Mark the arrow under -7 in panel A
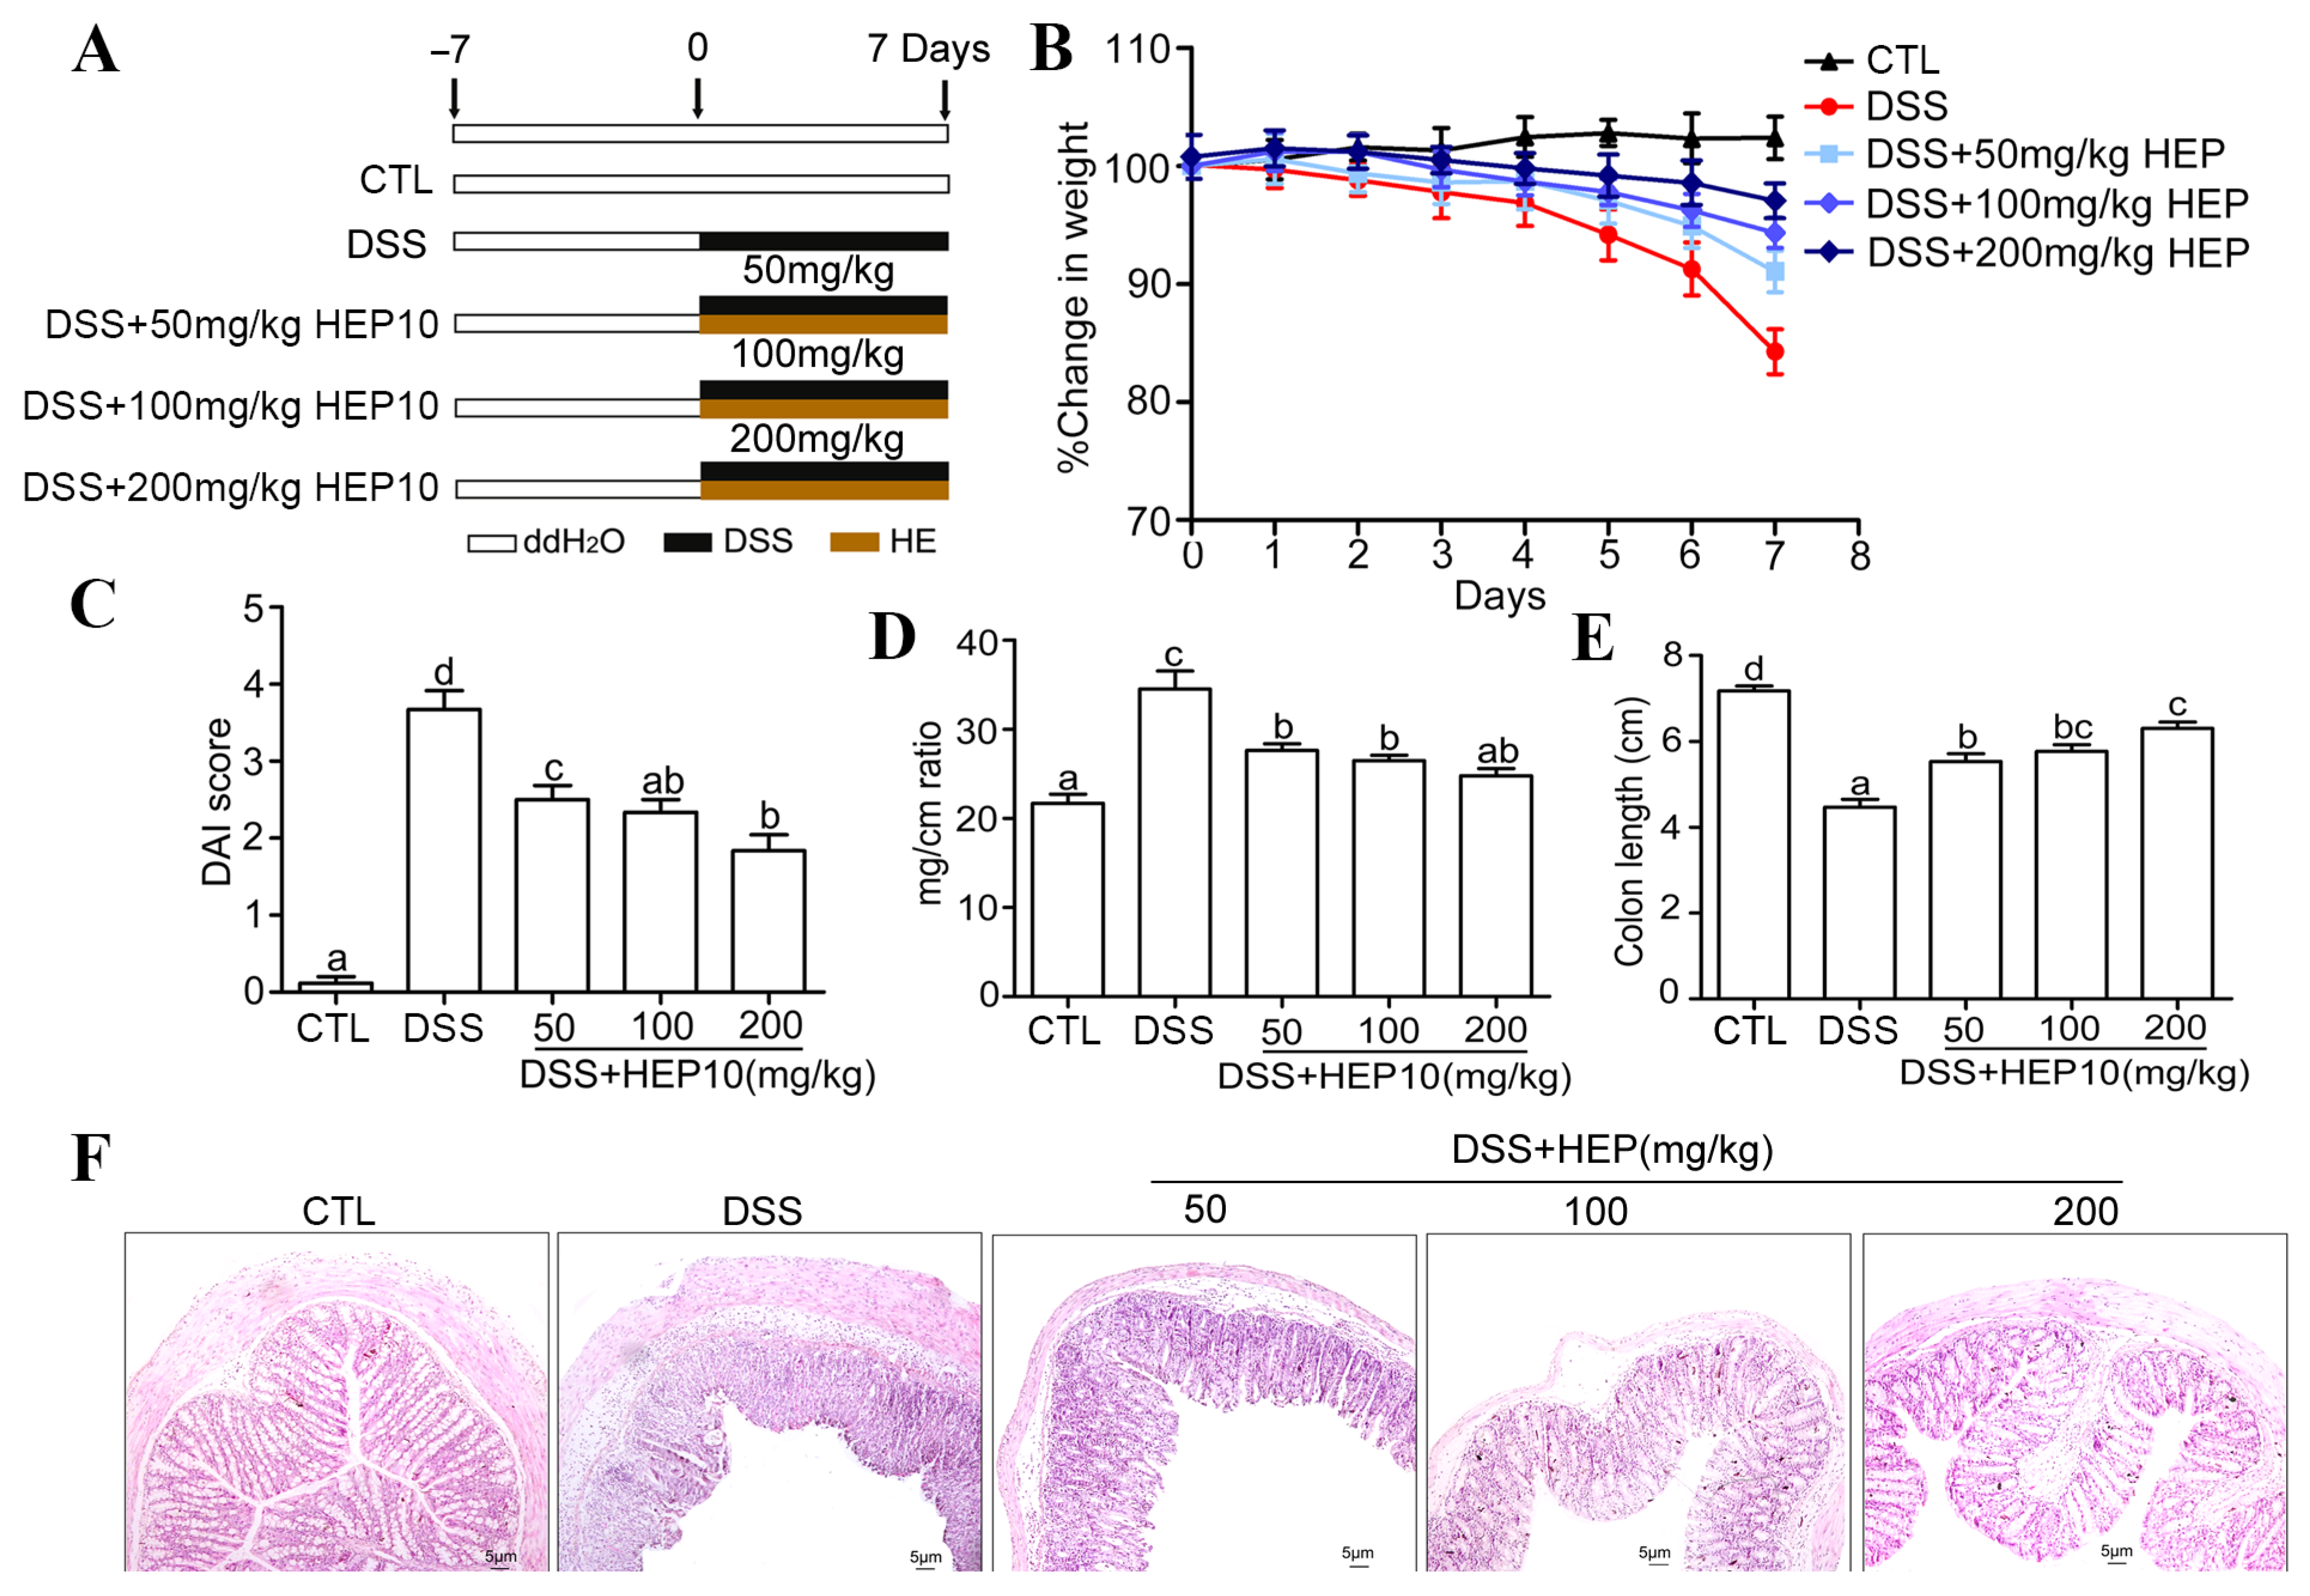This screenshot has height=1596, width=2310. tap(454, 99)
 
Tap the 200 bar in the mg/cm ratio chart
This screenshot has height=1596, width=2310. tap(1496, 885)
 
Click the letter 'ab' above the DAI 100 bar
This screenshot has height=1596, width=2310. tap(662, 781)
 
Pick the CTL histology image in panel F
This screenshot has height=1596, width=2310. tap(337, 1402)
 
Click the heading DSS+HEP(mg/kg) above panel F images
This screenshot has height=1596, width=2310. tap(1612, 1150)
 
